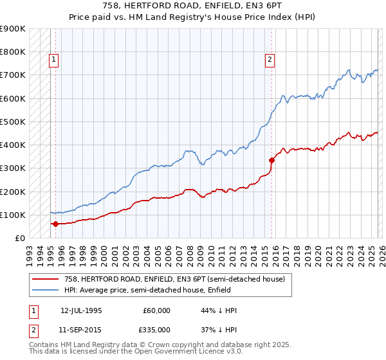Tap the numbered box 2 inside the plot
(270, 60)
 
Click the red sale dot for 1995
(55, 224)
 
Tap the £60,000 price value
(157, 310)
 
